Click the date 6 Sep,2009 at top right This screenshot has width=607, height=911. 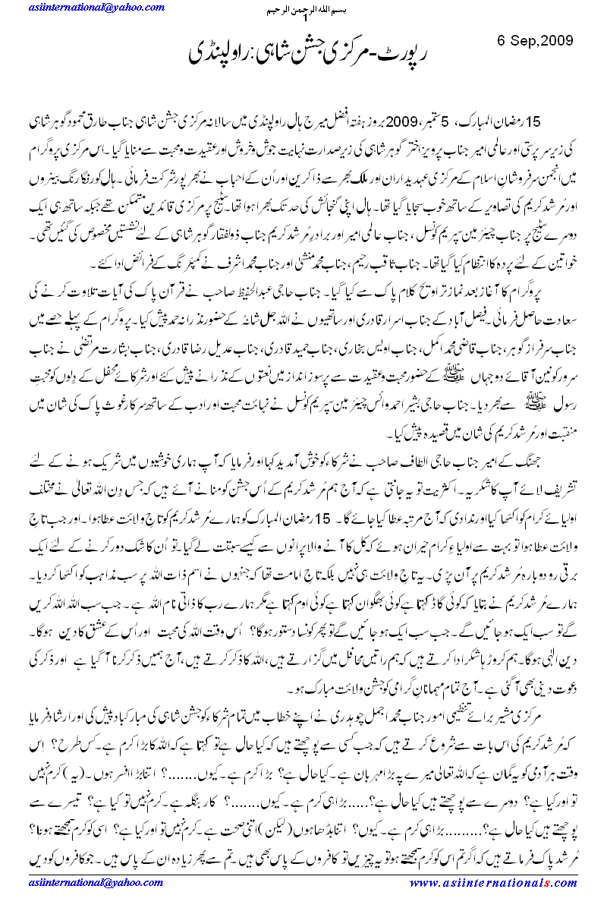535,39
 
